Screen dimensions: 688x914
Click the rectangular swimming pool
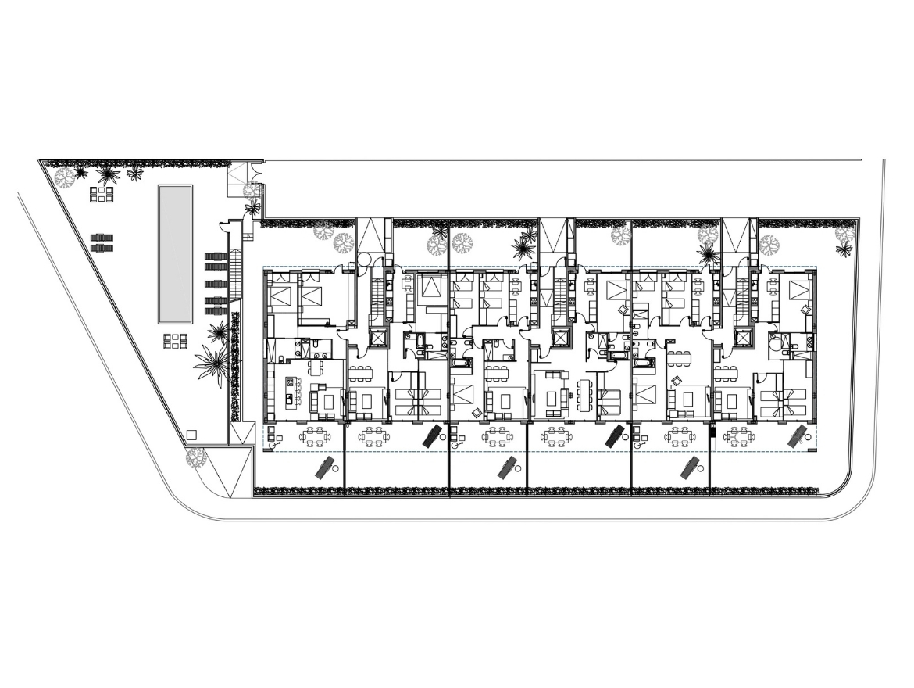176,254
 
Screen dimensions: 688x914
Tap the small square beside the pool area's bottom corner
191,434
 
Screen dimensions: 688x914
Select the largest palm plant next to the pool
212,364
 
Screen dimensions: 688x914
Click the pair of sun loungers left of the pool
102,242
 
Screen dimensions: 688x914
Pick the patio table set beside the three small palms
102,194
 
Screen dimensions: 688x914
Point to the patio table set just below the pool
176,341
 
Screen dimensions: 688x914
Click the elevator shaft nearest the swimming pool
377,339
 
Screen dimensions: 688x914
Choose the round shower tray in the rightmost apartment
776,340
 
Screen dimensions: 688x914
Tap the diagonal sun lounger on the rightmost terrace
798,436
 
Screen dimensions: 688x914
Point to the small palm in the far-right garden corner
844,249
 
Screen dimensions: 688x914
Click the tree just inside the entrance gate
251,191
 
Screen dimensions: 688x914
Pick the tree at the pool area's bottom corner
195,457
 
